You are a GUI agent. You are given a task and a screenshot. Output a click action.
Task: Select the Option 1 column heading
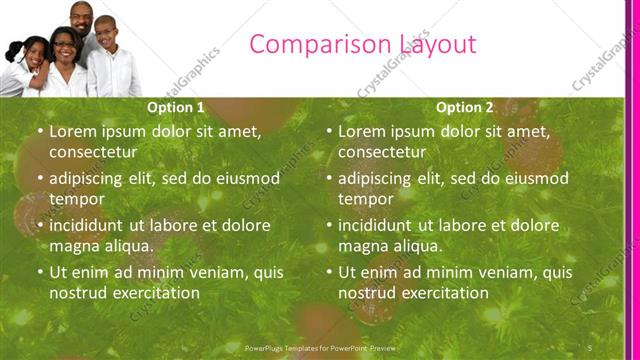point(176,107)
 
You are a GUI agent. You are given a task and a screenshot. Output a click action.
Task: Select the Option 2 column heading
point(465,107)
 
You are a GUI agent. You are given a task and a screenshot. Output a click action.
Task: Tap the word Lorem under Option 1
point(73,130)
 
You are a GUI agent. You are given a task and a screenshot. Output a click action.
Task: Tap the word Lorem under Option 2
point(362,130)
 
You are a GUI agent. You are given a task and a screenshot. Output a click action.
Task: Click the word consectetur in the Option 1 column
point(93,152)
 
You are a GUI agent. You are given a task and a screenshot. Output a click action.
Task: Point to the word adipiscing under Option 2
point(374,178)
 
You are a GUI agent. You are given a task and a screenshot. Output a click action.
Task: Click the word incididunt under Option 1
point(90,225)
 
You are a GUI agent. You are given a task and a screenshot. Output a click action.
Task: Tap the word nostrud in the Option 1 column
point(79,293)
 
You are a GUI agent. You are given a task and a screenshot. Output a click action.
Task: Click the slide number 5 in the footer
point(591,347)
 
